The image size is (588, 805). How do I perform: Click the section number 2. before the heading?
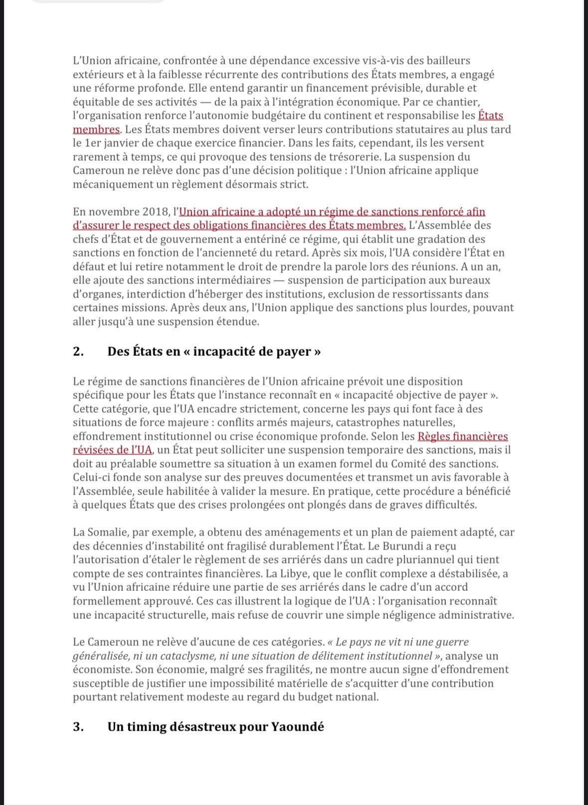point(78,351)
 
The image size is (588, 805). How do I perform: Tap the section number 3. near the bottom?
point(78,726)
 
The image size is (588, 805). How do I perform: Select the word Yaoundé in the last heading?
point(297,726)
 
